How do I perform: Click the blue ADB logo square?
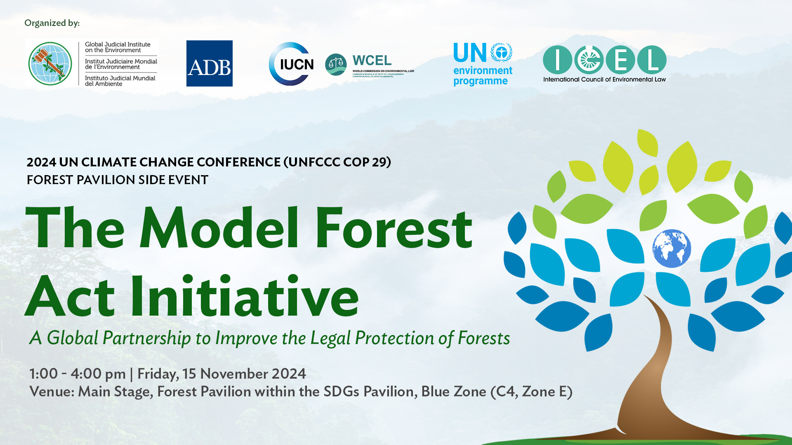click(x=209, y=63)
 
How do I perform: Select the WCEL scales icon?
click(x=336, y=64)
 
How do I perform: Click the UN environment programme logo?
click(x=483, y=64)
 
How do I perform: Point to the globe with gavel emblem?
click(x=50, y=63)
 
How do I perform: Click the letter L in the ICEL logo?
click(x=652, y=60)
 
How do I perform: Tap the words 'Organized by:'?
click(x=52, y=23)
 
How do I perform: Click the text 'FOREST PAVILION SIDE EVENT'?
click(x=118, y=180)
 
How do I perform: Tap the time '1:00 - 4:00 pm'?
click(x=77, y=374)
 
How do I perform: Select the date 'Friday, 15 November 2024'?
click(x=222, y=374)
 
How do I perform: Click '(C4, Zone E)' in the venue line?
click(x=531, y=391)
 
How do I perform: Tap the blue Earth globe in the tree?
click(x=671, y=248)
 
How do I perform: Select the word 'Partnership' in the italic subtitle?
click(x=146, y=338)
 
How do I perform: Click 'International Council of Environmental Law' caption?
click(x=604, y=80)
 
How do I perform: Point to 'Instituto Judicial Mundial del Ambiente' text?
click(x=120, y=81)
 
